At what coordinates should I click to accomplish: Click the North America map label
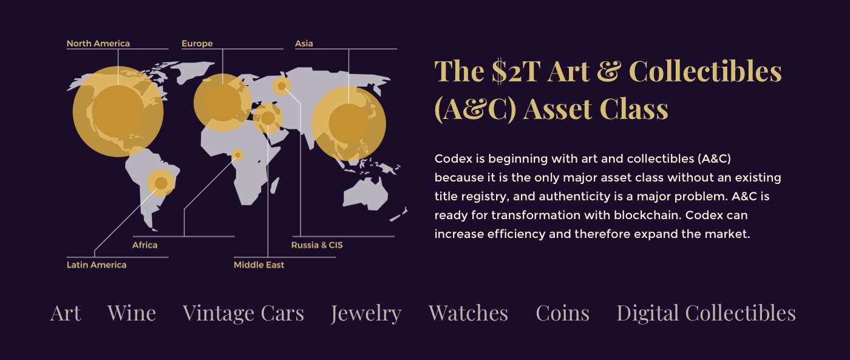tap(98, 44)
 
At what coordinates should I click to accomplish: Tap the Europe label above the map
tap(197, 44)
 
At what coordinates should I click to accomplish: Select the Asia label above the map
tap(304, 44)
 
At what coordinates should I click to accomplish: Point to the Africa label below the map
tap(144, 245)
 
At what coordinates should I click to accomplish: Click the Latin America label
tap(97, 265)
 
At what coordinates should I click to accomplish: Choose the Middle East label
tap(259, 265)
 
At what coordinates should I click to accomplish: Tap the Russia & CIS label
tap(317, 245)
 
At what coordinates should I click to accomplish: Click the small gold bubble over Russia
tap(282, 86)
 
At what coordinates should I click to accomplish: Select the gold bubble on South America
tap(161, 183)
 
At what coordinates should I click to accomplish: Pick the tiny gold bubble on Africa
tap(237, 155)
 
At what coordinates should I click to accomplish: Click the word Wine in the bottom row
tap(132, 313)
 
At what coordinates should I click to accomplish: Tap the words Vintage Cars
tap(243, 314)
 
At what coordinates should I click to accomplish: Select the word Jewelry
tap(365, 314)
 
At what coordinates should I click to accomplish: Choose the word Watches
tap(468, 313)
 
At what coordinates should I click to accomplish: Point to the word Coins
tap(562, 313)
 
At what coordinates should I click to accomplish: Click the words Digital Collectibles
tap(705, 314)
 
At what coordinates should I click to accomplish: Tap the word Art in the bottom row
tap(66, 313)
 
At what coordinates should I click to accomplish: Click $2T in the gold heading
tap(516, 71)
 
